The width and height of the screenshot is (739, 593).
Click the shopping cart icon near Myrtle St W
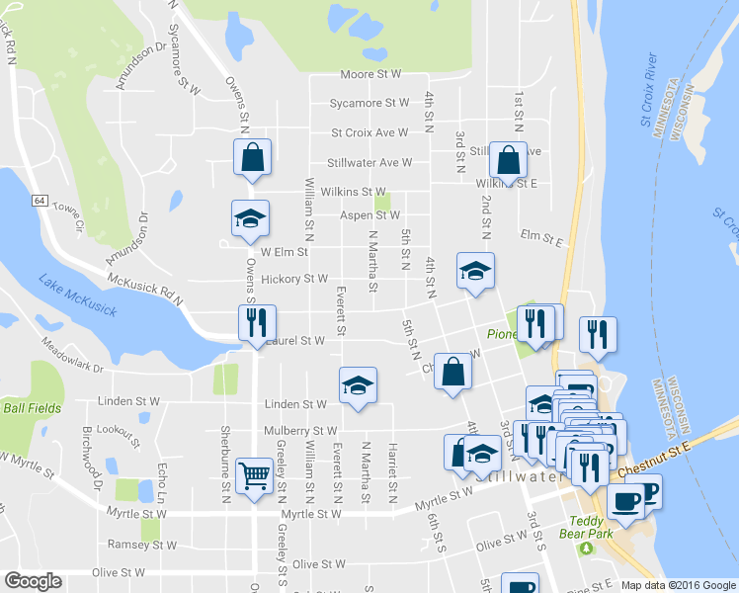[x=256, y=476]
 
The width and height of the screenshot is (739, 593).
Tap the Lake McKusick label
[x=78, y=296]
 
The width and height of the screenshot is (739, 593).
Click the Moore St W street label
[x=370, y=74]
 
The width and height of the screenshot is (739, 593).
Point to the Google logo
[x=33, y=581]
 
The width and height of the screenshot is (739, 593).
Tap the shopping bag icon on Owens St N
[x=252, y=157]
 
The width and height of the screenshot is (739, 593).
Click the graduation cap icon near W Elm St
[x=250, y=219]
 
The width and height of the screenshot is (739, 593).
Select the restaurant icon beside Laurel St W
[x=253, y=322]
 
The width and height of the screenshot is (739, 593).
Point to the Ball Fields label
[x=32, y=407]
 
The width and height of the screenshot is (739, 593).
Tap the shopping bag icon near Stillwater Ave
[x=508, y=161]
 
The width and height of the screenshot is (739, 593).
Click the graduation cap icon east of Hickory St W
[x=475, y=272]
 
